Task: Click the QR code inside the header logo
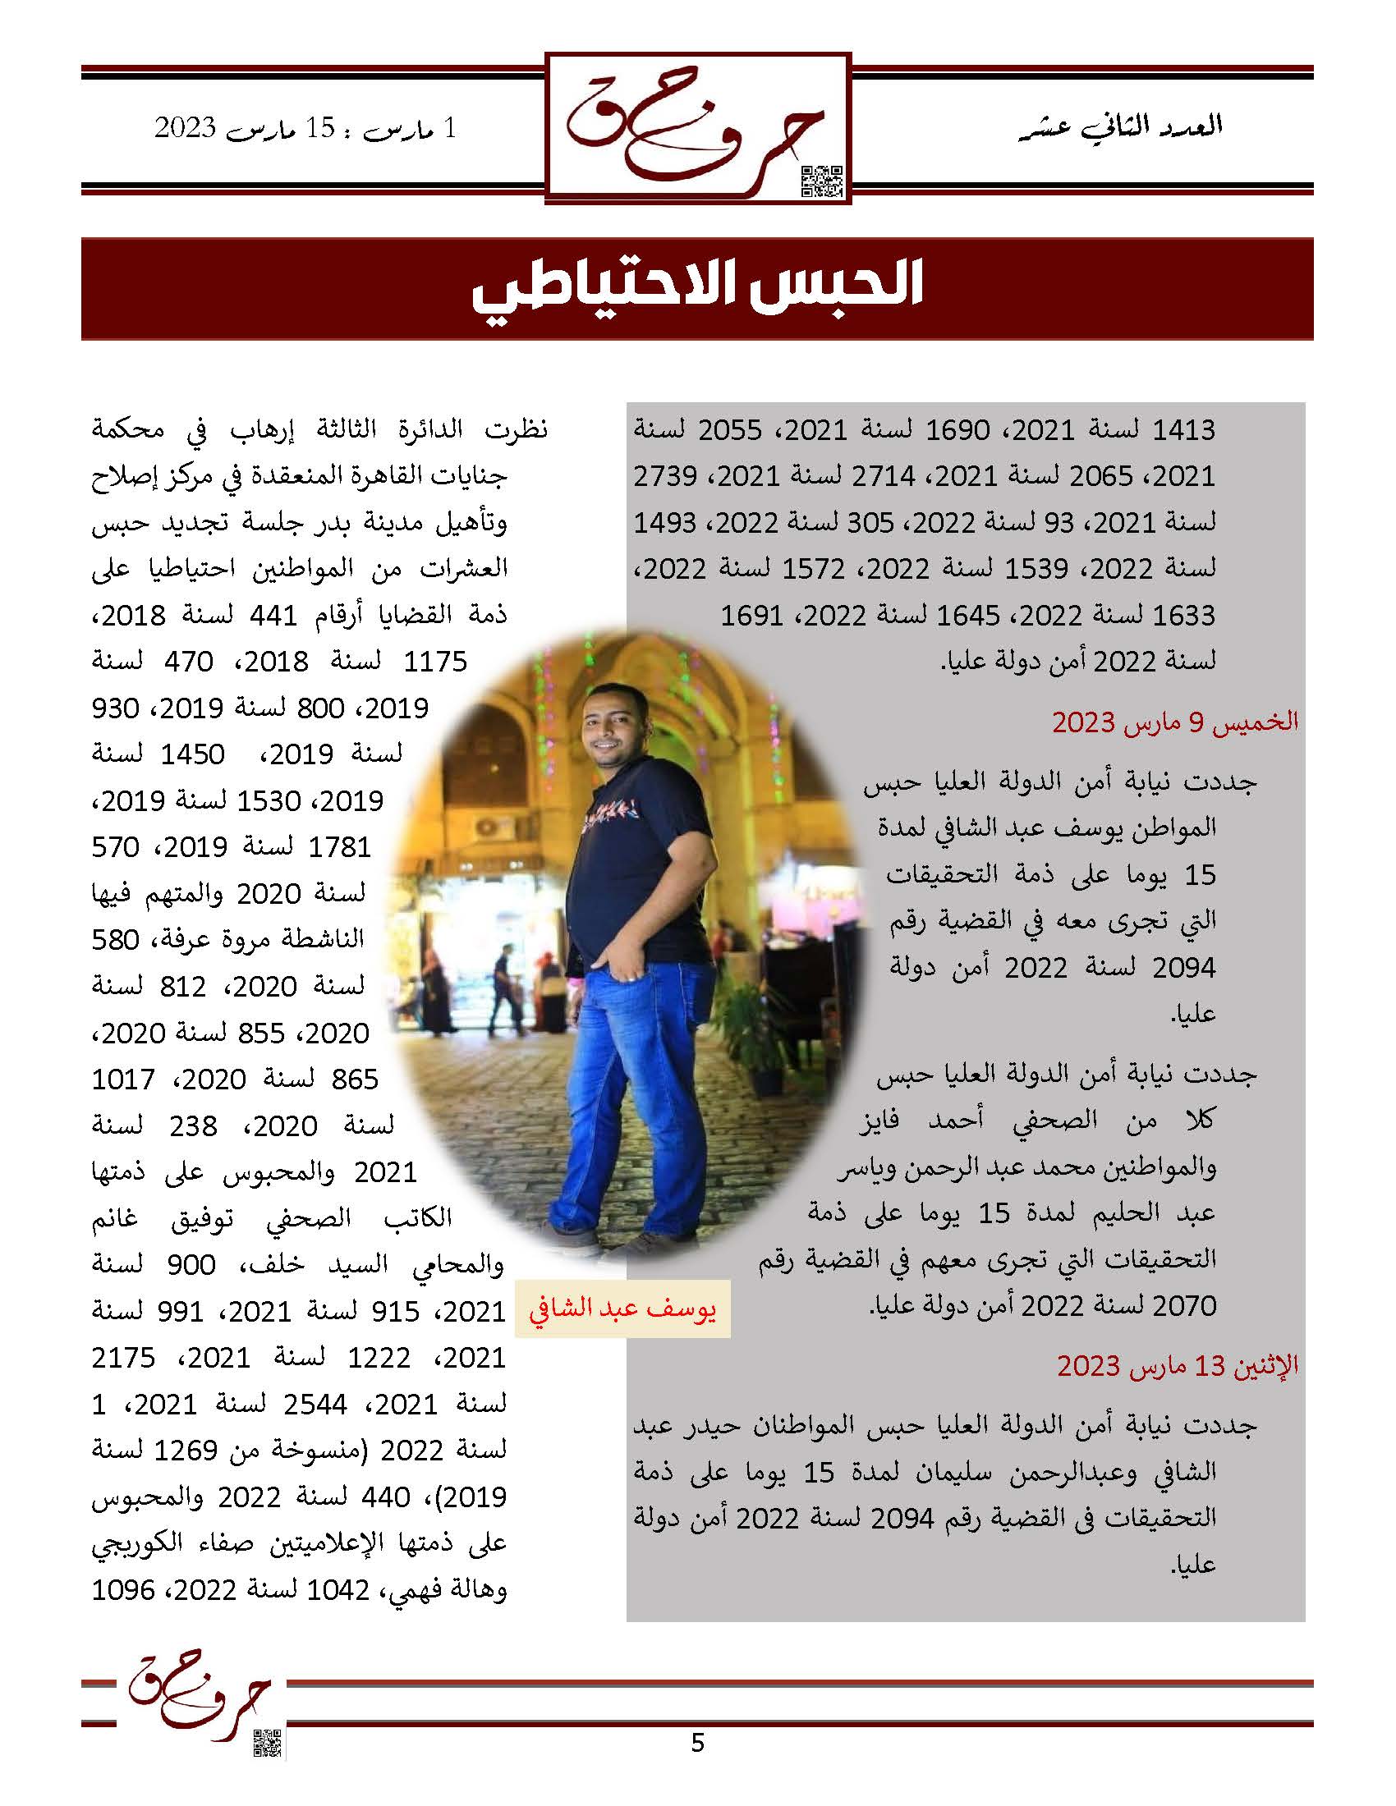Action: point(821,181)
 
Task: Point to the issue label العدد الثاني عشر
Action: point(1121,127)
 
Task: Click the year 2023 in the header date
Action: point(186,129)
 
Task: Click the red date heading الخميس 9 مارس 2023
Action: point(1174,722)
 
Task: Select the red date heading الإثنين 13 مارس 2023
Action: point(1177,1366)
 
